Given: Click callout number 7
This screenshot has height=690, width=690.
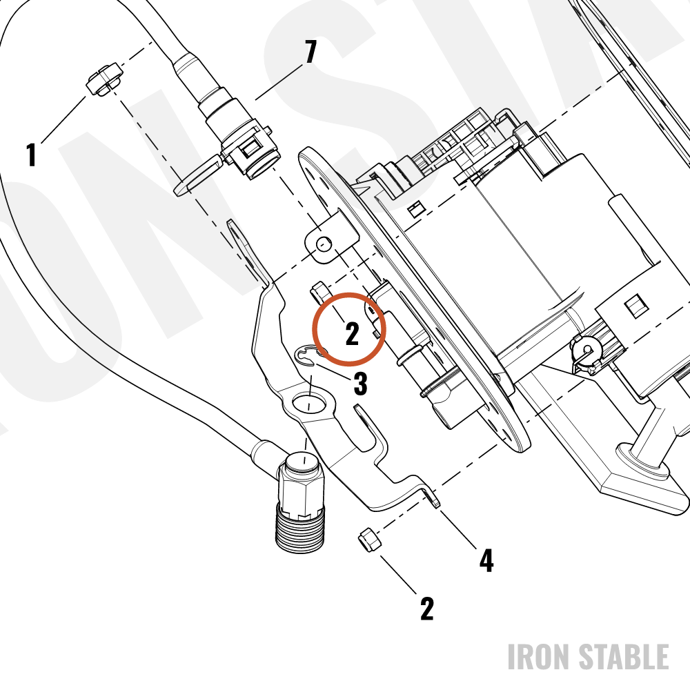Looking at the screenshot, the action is tap(310, 52).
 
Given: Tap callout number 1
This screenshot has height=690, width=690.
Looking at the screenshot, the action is tap(31, 155).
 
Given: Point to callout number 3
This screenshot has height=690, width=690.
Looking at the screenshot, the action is tap(360, 383).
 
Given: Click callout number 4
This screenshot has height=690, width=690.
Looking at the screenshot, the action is tap(486, 560).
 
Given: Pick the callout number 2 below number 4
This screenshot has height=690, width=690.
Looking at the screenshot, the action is tap(427, 609).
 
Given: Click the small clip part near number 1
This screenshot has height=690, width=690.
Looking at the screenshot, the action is tap(104, 79).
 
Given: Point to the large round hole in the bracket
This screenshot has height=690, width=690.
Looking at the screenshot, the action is tap(308, 402).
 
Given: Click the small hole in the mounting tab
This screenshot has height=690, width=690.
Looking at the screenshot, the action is tap(325, 244).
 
